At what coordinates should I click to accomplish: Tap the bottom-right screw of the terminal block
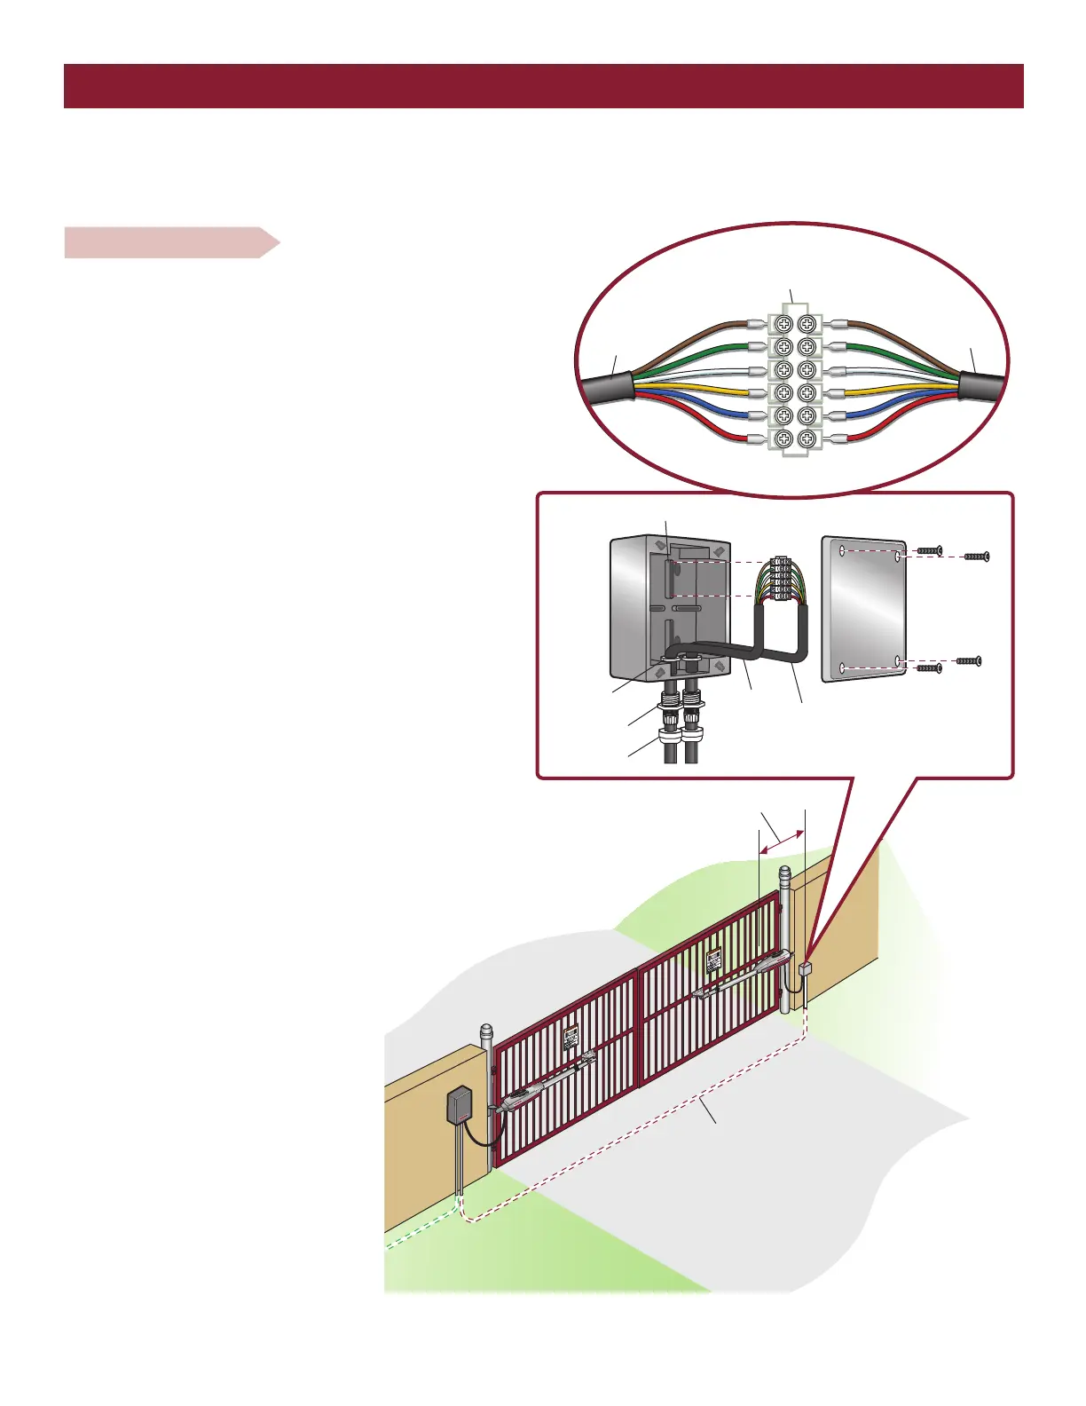(x=807, y=438)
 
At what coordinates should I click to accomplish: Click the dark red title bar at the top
(x=543, y=86)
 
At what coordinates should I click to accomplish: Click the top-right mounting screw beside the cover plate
(x=976, y=557)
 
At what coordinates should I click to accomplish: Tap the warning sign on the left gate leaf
(x=571, y=1038)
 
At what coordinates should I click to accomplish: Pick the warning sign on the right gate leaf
(x=713, y=960)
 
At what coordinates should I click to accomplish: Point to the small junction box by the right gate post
(x=806, y=969)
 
